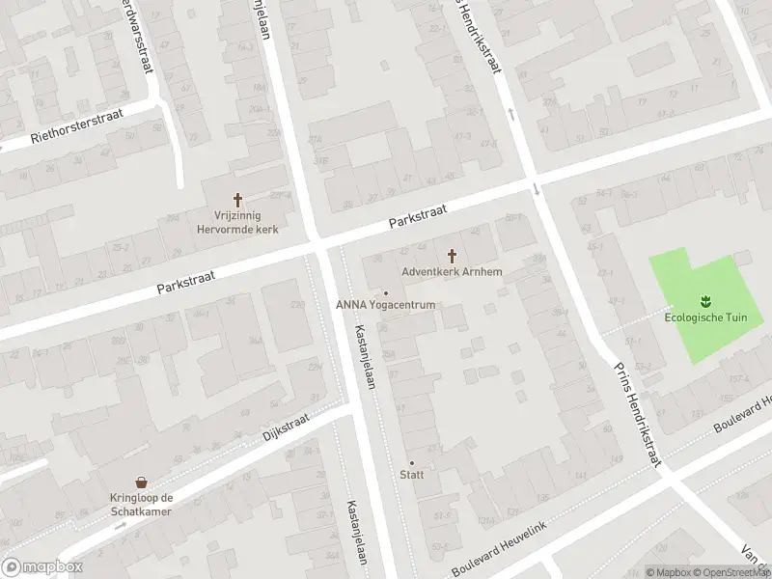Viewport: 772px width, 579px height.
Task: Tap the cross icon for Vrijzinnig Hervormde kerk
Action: (237, 199)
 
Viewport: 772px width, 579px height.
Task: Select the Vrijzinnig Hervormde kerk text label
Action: (237, 223)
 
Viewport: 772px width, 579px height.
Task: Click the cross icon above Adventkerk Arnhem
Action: (452, 256)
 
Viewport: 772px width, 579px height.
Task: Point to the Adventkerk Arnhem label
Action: (452, 273)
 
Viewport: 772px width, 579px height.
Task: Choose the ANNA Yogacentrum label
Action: (387, 306)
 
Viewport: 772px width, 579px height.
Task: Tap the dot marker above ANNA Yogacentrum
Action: (387, 293)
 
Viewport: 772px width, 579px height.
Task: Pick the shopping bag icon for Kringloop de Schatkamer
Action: (141, 482)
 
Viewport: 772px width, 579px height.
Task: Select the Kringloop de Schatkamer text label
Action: (141, 505)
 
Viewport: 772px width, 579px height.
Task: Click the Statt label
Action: (411, 475)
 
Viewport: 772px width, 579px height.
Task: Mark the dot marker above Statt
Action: (411, 463)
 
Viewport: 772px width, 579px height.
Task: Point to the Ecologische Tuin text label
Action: (704, 316)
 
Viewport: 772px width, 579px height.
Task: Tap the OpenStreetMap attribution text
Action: (733, 572)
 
